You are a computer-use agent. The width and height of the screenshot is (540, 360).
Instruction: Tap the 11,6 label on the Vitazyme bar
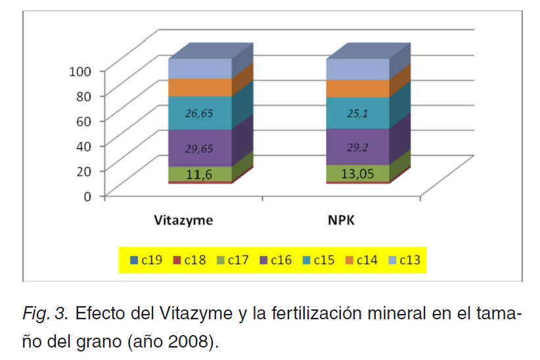(x=200, y=174)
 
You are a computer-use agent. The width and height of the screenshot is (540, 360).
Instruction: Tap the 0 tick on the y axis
(x=93, y=195)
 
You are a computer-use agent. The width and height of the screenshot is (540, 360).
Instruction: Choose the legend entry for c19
(x=148, y=261)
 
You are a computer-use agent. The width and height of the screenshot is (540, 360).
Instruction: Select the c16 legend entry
(x=277, y=261)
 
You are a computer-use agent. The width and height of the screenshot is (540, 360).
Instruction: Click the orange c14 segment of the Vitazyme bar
(x=200, y=87)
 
